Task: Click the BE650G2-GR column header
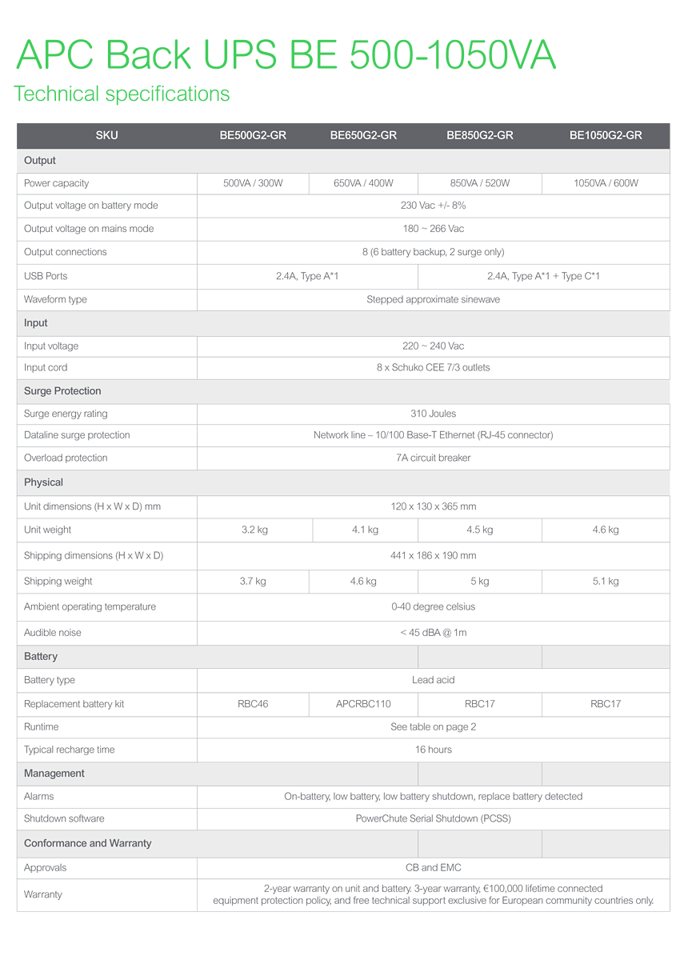(363, 135)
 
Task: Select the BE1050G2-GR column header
(606, 135)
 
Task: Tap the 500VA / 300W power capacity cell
(253, 183)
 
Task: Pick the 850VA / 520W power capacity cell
(480, 183)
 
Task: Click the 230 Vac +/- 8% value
(433, 206)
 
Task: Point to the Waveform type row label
(55, 299)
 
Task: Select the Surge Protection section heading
(62, 391)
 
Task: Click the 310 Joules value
(433, 414)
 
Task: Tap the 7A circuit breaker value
(433, 458)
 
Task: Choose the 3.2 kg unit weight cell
(254, 530)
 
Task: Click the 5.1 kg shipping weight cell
(606, 582)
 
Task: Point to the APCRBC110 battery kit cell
(363, 704)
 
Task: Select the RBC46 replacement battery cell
(253, 704)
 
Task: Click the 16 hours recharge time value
(433, 750)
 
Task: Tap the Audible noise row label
(53, 633)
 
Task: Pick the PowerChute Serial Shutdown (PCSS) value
(433, 818)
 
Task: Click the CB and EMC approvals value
(433, 867)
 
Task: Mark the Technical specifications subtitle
(122, 94)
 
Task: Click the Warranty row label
(43, 894)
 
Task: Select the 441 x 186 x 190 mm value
(433, 555)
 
